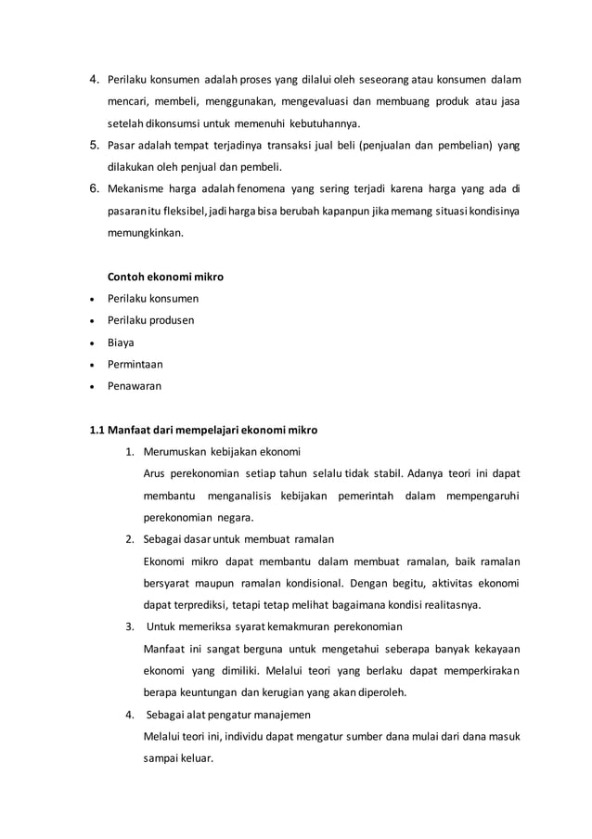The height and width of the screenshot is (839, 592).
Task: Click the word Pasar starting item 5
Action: tap(122, 146)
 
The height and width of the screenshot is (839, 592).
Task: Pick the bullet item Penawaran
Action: tap(135, 386)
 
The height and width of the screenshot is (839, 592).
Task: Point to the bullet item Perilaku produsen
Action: tap(151, 320)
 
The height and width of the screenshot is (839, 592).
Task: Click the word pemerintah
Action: tap(351, 496)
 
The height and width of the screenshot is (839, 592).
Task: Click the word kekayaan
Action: tap(488, 649)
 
